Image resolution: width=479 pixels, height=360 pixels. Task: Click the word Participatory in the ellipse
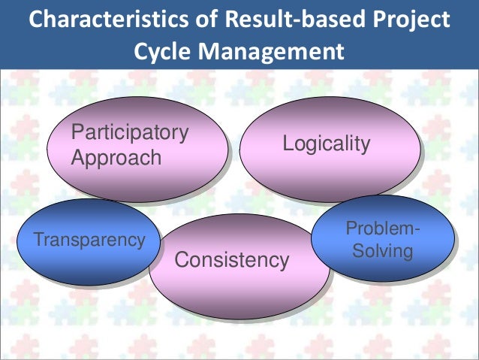click(129, 133)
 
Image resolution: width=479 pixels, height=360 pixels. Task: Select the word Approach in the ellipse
click(116, 158)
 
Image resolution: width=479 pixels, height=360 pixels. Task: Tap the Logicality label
click(326, 144)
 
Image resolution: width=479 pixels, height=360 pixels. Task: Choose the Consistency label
click(231, 261)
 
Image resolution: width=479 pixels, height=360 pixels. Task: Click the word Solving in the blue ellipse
click(382, 251)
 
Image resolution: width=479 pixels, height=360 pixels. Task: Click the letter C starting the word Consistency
click(181, 261)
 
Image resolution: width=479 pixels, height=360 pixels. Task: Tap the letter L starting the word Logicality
click(287, 144)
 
